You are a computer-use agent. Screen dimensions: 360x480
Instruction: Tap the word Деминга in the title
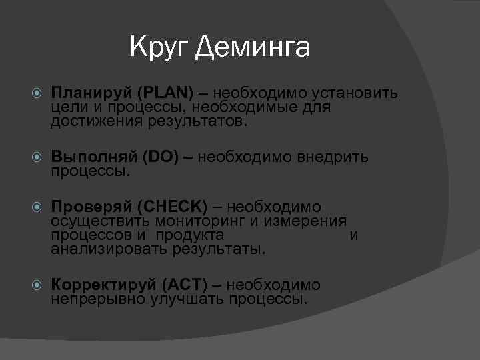click(x=253, y=48)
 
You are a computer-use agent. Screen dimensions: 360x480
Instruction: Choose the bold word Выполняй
click(x=94, y=158)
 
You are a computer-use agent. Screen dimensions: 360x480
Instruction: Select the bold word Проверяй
click(x=92, y=207)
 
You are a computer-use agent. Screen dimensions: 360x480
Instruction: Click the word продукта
click(x=193, y=235)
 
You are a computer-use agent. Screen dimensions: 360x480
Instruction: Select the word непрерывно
click(x=98, y=299)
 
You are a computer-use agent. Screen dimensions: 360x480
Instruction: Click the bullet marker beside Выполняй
click(x=37, y=158)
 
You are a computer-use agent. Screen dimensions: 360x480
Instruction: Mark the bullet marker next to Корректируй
click(x=37, y=285)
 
